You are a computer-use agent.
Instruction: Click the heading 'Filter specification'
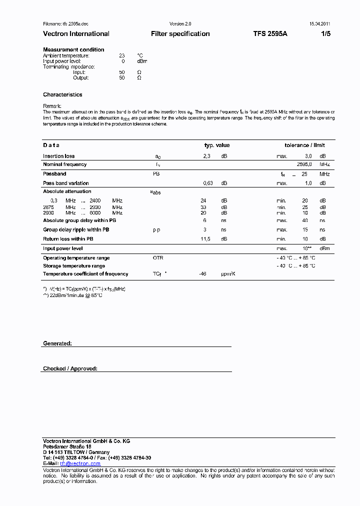click(180, 34)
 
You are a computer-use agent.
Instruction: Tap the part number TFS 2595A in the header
click(270, 34)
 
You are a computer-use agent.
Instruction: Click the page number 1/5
click(325, 34)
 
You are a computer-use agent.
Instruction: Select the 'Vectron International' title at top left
click(76, 34)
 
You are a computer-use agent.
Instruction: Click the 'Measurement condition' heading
click(73, 49)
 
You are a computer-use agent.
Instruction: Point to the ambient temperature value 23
click(121, 55)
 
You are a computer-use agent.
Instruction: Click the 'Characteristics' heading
click(62, 94)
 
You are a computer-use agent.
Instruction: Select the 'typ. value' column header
click(216, 145)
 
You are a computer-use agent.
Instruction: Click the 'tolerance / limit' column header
click(304, 145)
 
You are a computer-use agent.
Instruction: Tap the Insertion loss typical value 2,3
click(206, 156)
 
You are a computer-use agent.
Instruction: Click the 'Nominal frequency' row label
click(64, 164)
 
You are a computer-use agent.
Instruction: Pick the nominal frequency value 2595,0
click(304, 164)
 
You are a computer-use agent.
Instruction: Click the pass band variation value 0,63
click(208, 183)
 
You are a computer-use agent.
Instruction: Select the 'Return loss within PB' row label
click(68, 239)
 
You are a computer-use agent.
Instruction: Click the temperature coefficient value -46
click(202, 274)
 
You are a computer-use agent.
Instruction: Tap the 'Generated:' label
click(57, 343)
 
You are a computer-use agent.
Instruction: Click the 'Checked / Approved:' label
click(70, 368)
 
